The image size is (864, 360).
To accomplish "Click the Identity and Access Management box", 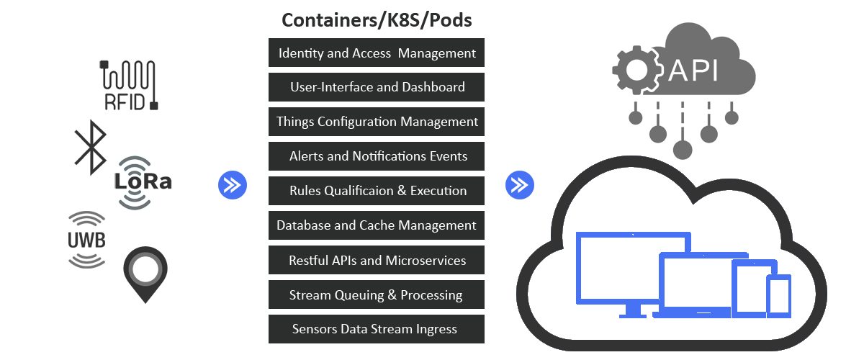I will click(377, 53).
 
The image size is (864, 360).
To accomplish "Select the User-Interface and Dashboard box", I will click(377, 87).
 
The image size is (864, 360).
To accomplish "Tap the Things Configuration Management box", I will click(377, 122).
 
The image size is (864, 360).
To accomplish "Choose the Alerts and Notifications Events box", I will click(377, 156).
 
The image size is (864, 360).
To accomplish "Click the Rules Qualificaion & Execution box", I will click(377, 191).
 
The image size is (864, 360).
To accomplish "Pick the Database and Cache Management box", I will click(377, 225).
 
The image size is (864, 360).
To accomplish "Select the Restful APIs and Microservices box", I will click(377, 260).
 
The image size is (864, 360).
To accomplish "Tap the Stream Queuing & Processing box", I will click(377, 294).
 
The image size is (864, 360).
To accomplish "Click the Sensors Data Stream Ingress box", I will click(377, 329).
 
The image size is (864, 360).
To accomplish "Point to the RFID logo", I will click(129, 86).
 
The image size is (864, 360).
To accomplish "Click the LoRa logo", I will click(143, 183).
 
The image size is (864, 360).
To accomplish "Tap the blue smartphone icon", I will click(778, 295).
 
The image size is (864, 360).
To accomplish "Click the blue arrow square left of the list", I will click(232, 185).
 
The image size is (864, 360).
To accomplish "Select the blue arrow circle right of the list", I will click(519, 185).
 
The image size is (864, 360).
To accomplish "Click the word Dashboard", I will click(431, 87).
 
